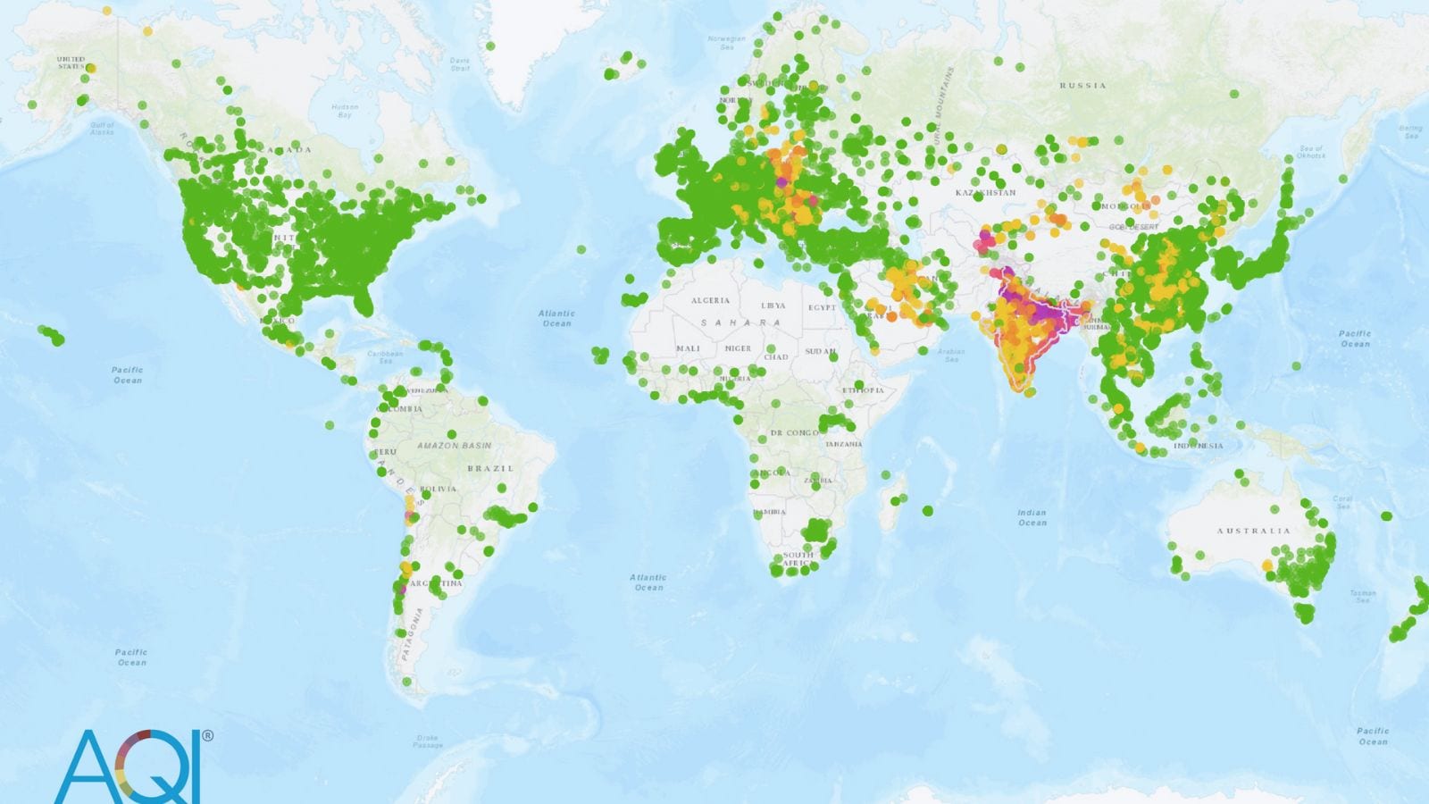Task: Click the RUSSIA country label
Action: coord(1082,86)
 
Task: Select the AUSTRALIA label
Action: coord(1253,531)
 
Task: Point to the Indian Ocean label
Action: coord(1032,517)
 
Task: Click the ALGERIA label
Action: coord(710,301)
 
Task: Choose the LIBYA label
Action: coord(773,306)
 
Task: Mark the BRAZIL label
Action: coord(490,468)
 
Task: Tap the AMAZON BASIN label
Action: coord(454,445)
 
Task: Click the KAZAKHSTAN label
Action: coord(985,193)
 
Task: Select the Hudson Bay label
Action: coord(345,111)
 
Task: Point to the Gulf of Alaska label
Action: coord(103,129)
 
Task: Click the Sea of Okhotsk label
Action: coord(1311,152)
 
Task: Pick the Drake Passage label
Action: coord(428,741)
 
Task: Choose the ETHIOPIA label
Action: coord(863,390)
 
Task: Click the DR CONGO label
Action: coord(794,433)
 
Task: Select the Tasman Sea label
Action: coord(1363,596)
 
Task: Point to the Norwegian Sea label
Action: coord(726,42)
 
